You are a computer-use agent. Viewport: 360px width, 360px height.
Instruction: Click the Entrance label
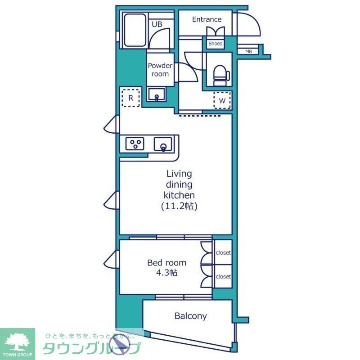coord(207,19)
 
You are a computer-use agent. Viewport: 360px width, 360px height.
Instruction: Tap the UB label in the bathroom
coord(157,25)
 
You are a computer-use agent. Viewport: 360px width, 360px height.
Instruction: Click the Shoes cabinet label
coord(215,44)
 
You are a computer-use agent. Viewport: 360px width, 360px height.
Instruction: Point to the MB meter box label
coord(248,51)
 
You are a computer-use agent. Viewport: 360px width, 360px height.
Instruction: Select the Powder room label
coord(160,70)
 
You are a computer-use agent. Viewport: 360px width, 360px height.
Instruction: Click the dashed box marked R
coord(130,98)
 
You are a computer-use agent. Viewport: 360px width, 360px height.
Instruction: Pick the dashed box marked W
coord(222,100)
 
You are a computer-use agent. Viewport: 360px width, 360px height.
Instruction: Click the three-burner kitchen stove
coord(135,144)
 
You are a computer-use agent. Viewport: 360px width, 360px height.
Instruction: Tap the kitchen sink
coord(163,145)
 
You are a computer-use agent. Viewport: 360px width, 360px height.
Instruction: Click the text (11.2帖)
coord(179,207)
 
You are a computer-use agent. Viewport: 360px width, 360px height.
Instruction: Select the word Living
coord(179,173)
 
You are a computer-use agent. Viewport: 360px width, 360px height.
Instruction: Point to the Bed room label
coord(166,263)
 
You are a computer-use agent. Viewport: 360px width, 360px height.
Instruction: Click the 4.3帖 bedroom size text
coord(166,273)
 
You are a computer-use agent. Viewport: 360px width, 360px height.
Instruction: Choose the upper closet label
coord(223,253)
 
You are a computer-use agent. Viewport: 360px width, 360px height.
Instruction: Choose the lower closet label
coord(223,276)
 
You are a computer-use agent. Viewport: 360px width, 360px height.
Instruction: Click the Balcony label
coord(190,316)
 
